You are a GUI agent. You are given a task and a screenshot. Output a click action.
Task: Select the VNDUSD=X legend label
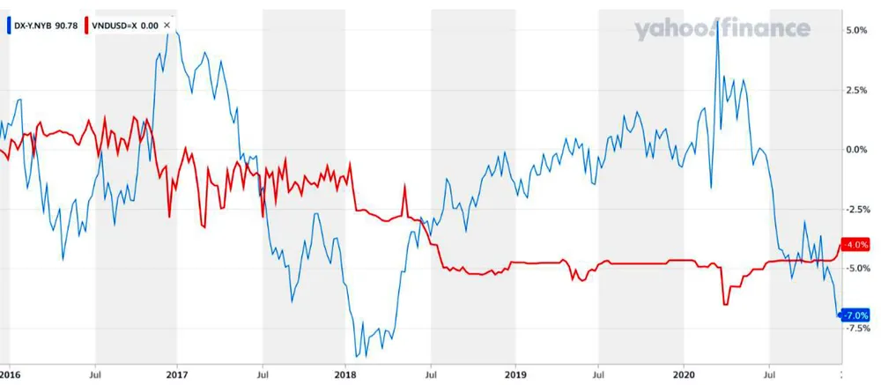point(115,26)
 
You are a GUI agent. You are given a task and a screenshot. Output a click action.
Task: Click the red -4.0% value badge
point(856,245)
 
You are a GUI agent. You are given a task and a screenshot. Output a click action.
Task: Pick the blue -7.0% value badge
point(856,315)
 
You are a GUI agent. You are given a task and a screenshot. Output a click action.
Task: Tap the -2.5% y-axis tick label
point(856,209)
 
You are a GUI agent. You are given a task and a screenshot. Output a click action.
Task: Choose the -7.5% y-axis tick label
point(856,328)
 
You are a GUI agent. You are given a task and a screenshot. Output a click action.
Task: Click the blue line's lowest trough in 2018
point(357,356)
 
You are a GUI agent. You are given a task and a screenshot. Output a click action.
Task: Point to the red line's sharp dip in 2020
point(725,304)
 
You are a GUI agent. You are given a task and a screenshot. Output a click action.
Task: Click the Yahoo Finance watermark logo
point(722,29)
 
